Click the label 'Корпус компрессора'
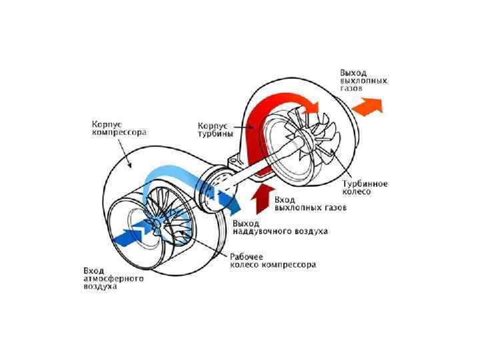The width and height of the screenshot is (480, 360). click(118, 128)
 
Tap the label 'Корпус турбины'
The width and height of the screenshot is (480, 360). click(215, 129)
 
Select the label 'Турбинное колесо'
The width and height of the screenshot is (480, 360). click(365, 187)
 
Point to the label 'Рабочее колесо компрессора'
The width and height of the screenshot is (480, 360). click(273, 261)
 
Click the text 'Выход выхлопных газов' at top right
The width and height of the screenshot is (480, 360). click(363, 79)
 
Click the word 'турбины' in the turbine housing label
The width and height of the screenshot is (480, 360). click(215, 133)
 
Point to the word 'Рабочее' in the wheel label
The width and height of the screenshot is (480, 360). click(247, 256)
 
